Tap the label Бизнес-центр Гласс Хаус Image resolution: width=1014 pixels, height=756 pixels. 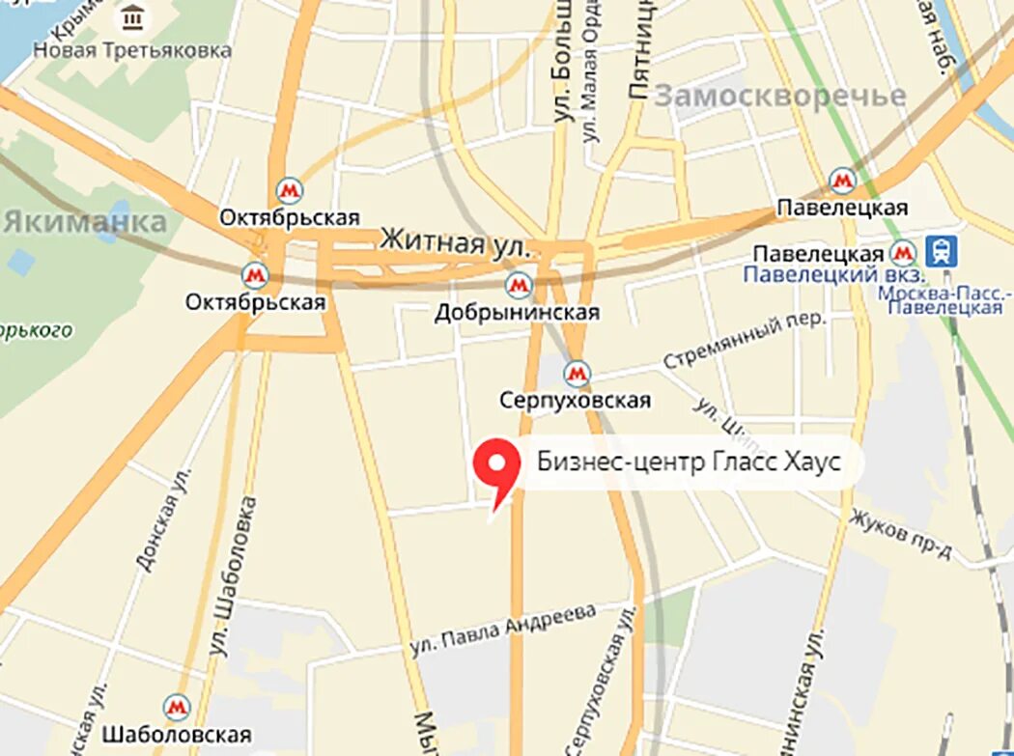[689, 462]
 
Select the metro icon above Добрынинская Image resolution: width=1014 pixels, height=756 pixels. [520, 285]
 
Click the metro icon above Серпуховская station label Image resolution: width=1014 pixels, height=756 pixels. [577, 373]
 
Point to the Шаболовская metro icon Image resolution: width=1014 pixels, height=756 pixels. [176, 708]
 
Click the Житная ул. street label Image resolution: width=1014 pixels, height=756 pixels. [456, 241]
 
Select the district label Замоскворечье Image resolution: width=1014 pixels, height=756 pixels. [780, 96]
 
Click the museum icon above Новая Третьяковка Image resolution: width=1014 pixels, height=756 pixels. [132, 18]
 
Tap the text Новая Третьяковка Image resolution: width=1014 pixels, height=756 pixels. [132, 49]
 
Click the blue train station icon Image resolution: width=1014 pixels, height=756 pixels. [941, 252]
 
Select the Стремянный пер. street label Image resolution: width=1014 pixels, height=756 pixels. [745, 340]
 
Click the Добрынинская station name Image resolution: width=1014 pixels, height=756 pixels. [517, 312]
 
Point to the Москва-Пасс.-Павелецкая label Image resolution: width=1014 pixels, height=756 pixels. [944, 299]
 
